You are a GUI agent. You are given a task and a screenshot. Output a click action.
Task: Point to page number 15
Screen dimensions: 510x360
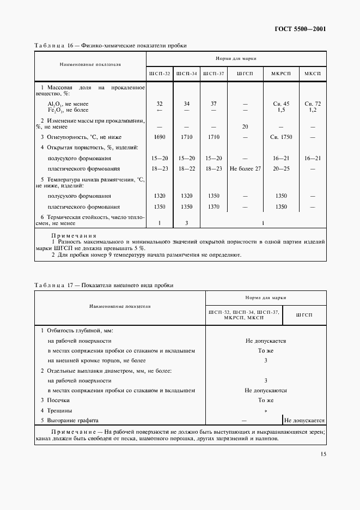322,453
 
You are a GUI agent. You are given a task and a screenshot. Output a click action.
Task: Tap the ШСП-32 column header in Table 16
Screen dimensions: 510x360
159,74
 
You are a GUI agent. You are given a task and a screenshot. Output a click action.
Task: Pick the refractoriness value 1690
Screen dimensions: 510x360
159,137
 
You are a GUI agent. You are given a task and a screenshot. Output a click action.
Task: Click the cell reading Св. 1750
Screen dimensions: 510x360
281,137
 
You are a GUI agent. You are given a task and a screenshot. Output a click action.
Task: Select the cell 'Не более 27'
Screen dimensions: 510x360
245,168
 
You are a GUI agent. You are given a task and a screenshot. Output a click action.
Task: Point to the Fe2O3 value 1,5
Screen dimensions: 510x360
281,110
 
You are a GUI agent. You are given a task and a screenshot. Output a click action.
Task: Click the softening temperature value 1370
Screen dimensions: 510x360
213,207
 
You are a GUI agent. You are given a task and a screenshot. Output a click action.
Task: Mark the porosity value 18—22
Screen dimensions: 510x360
186,168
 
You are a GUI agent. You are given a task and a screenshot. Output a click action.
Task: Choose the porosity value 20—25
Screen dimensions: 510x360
281,168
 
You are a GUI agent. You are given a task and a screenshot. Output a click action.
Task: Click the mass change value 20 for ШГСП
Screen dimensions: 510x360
245,126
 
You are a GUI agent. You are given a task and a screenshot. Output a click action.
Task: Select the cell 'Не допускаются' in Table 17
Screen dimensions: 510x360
265,390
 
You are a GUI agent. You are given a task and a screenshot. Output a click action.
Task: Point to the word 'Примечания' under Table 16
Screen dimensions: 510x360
73,235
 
